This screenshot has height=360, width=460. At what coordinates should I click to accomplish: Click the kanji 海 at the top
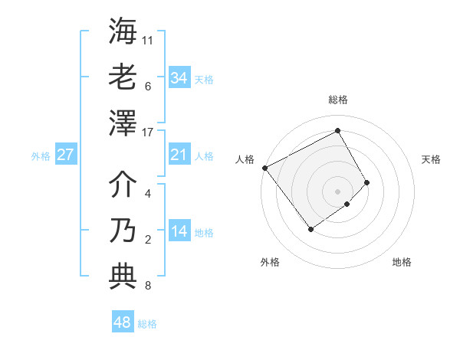click(123, 31)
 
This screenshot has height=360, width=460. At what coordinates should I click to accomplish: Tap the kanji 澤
click(123, 122)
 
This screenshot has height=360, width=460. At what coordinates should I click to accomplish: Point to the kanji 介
click(123, 184)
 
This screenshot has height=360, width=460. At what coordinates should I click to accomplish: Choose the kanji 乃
click(123, 230)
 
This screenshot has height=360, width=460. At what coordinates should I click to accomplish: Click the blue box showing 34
click(179, 78)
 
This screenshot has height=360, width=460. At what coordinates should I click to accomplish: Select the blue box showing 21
click(179, 155)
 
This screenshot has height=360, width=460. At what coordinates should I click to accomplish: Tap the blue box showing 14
click(179, 232)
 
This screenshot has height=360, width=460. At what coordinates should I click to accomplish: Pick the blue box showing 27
click(65, 155)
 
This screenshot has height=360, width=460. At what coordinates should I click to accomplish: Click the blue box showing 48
click(122, 322)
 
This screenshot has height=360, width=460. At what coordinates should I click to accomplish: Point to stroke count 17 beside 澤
click(148, 133)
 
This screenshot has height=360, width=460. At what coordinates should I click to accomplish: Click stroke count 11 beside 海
click(148, 39)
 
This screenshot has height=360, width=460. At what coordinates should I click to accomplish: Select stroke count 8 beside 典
click(148, 286)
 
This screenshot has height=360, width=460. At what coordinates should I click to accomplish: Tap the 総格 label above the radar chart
click(338, 100)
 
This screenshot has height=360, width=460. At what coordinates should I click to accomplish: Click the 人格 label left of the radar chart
click(245, 159)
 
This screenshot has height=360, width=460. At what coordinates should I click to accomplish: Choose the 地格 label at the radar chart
click(402, 262)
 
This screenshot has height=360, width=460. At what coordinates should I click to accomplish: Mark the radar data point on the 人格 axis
click(264, 168)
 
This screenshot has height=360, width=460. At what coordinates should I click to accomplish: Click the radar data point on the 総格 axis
click(338, 130)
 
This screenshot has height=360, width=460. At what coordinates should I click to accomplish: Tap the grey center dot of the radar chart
click(338, 190)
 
